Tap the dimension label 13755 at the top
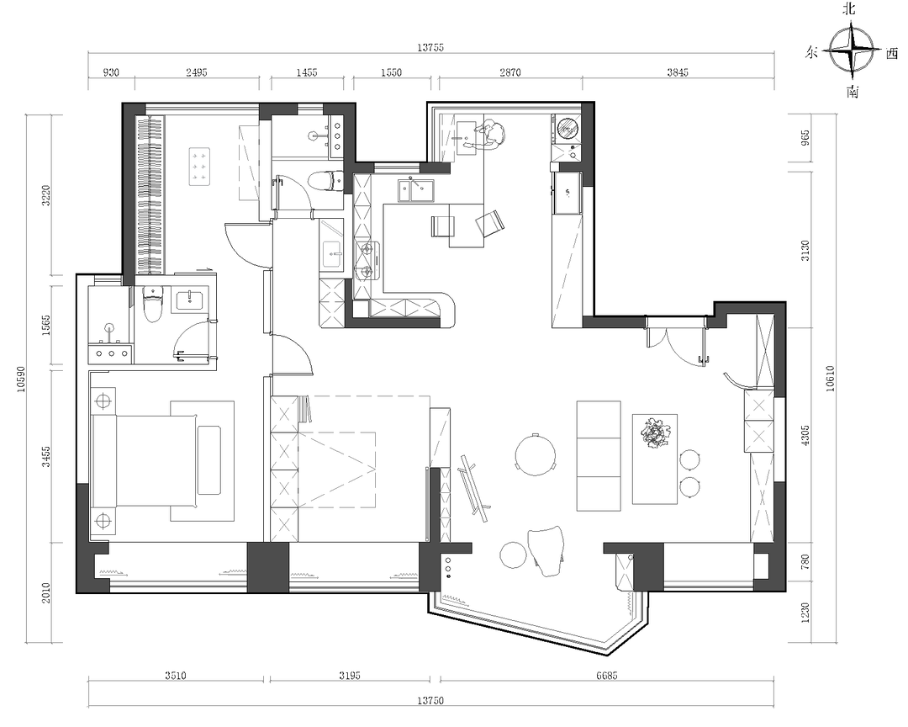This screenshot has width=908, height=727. (x=430, y=47)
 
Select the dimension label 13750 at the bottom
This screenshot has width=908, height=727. (x=430, y=701)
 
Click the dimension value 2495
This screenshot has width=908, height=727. (x=196, y=72)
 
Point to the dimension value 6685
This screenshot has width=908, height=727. (x=606, y=676)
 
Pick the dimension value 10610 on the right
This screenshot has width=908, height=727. (x=830, y=378)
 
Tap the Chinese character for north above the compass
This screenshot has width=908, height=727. (x=849, y=8)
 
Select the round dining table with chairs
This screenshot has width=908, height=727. (x=536, y=454)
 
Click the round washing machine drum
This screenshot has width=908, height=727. (x=567, y=129)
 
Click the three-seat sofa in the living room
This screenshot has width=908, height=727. (x=599, y=455)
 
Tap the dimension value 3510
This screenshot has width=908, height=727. (x=176, y=676)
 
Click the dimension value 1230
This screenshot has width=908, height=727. (x=805, y=614)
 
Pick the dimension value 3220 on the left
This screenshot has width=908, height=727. (x=46, y=195)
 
